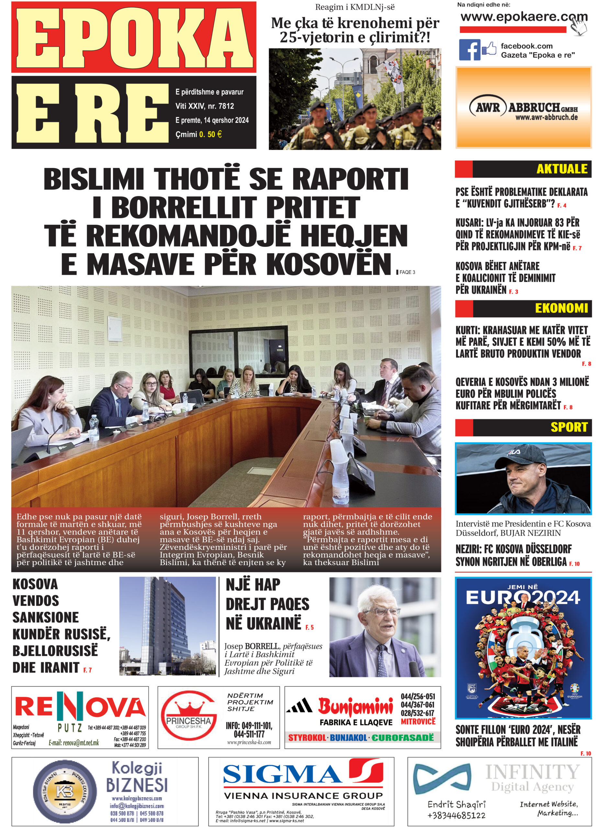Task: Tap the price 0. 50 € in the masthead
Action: (210, 134)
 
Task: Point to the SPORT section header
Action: (569, 427)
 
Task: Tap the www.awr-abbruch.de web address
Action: (546, 118)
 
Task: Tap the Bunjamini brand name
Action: (355, 706)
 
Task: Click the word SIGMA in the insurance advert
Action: (282, 775)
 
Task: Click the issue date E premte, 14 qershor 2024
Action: (212, 120)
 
